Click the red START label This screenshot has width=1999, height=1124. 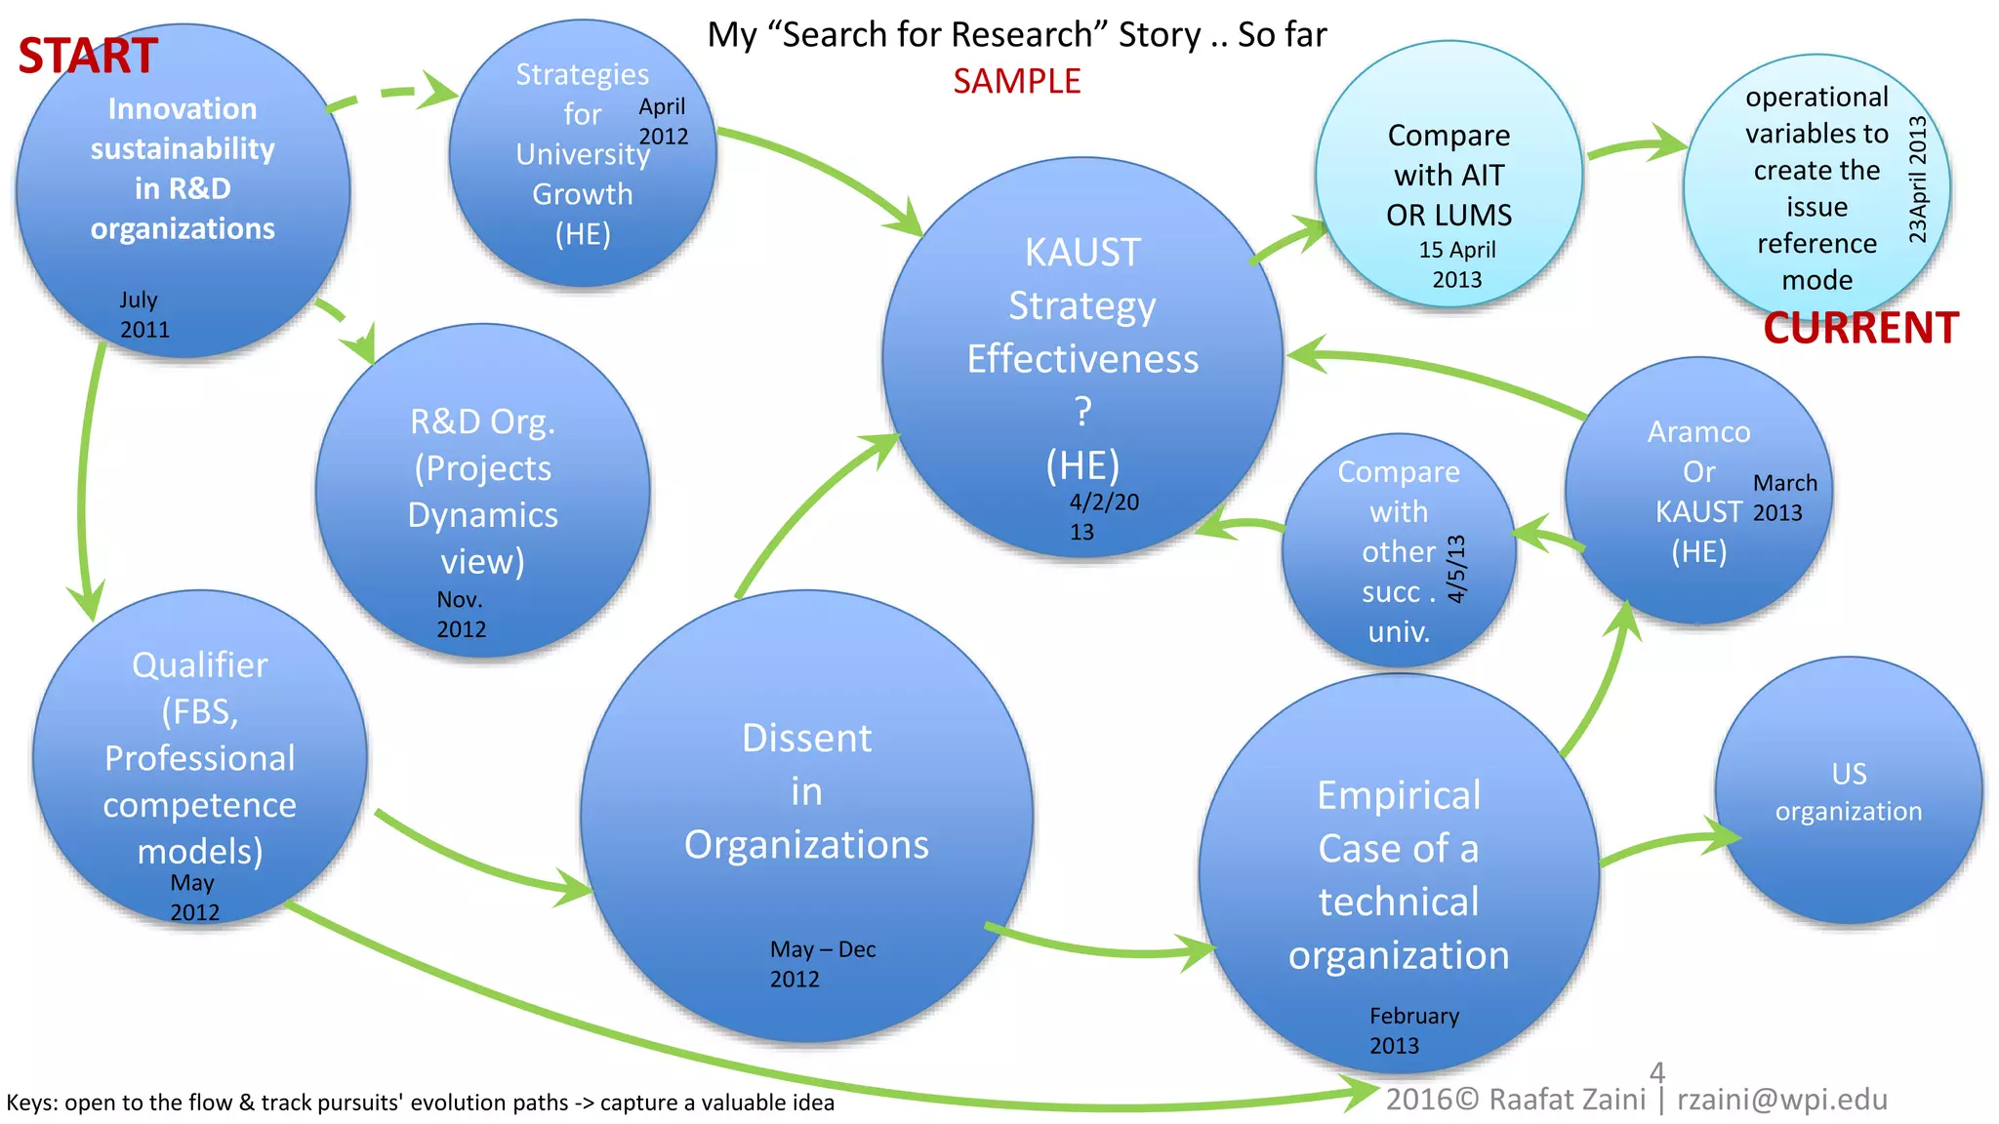pyautogui.click(x=88, y=56)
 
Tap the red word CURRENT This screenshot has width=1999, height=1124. pyautogui.click(x=1860, y=328)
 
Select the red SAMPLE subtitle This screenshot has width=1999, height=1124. pyautogui.click(x=1016, y=81)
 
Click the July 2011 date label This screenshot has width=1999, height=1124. pyautogui.click(x=143, y=314)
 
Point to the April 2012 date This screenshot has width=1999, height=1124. pyautogui.click(x=663, y=121)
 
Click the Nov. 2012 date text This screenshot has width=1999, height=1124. pyautogui.click(x=461, y=614)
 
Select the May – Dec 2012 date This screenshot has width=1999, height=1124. pyautogui.click(x=822, y=964)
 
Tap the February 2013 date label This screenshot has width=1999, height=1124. pyautogui.click(x=1413, y=1030)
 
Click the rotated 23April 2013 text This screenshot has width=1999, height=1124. pyautogui.click(x=1917, y=180)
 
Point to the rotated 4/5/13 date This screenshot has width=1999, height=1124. pyautogui.click(x=1456, y=569)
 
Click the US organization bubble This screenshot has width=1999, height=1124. pyautogui.click(x=1848, y=791)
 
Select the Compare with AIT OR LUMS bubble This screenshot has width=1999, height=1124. pyautogui.click(x=1448, y=176)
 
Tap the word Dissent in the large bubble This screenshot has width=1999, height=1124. pyautogui.click(x=806, y=739)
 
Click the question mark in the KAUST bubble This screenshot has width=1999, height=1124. pyautogui.click(x=1082, y=412)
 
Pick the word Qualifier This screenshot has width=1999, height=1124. pyautogui.click(x=200, y=665)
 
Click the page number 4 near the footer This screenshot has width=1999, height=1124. pyautogui.click(x=1657, y=1072)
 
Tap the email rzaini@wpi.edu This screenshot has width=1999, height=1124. pyautogui.click(x=1782, y=1100)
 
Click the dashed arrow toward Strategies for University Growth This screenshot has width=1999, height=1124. pyautogui.click(x=390, y=95)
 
